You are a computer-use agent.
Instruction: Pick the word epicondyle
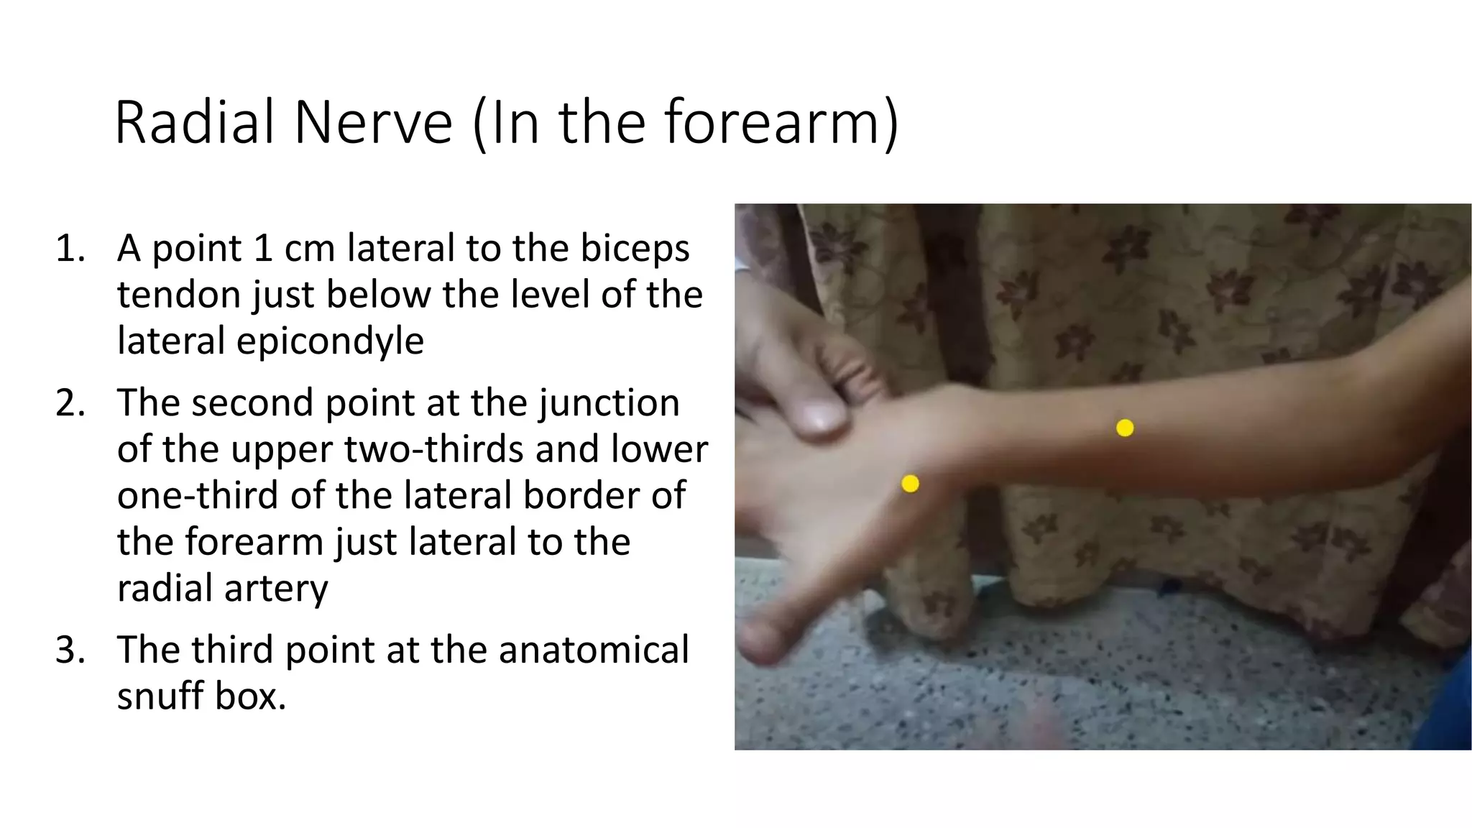tap(330, 341)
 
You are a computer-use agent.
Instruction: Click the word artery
tap(276, 588)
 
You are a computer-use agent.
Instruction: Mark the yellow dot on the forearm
tap(1125, 428)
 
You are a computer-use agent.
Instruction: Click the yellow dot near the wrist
tap(910, 484)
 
